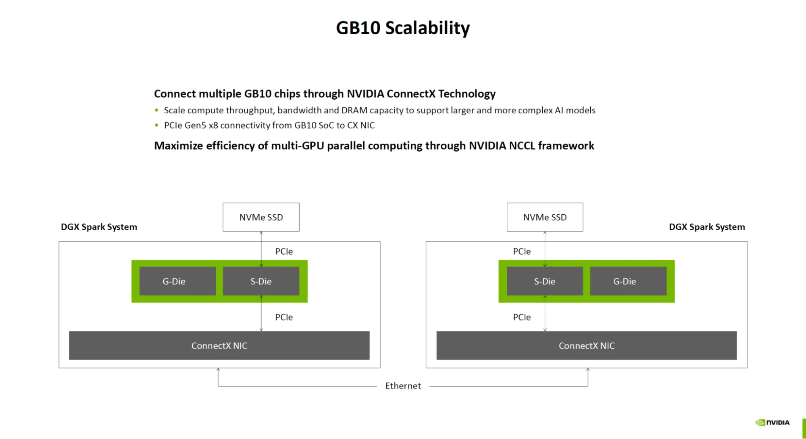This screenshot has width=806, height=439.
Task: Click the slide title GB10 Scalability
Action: (x=403, y=28)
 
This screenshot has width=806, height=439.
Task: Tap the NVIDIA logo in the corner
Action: (x=772, y=422)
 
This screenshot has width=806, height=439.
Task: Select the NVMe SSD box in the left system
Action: (x=261, y=217)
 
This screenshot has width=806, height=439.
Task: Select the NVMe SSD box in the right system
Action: (x=545, y=217)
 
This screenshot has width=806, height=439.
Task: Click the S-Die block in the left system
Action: (x=261, y=281)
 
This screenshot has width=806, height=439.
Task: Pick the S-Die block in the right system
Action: (x=545, y=281)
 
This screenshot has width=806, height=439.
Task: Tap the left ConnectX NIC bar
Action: (x=219, y=345)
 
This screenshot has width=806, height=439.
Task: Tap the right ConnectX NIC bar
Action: (x=586, y=345)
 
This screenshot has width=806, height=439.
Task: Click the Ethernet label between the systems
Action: (x=403, y=386)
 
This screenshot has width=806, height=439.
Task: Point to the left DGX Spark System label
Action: (x=99, y=227)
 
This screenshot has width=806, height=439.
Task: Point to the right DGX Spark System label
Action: (x=707, y=227)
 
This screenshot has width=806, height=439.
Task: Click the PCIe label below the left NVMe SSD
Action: (x=284, y=251)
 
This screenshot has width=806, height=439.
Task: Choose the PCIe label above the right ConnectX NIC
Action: (x=522, y=317)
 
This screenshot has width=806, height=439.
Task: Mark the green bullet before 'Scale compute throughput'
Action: (x=156, y=110)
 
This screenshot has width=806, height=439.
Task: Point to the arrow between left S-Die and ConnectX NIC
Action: (x=261, y=314)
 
